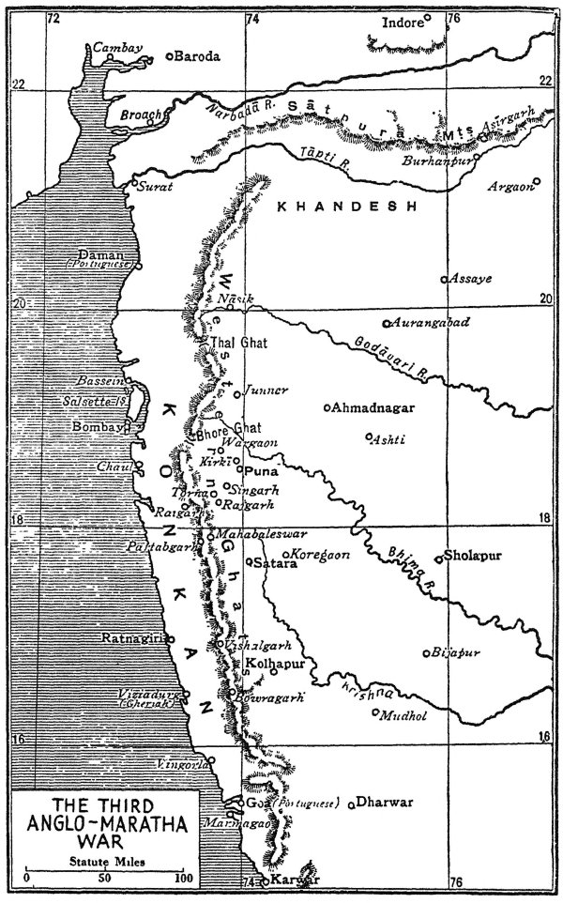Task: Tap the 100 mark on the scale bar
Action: point(182,879)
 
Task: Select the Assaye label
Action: point(471,279)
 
